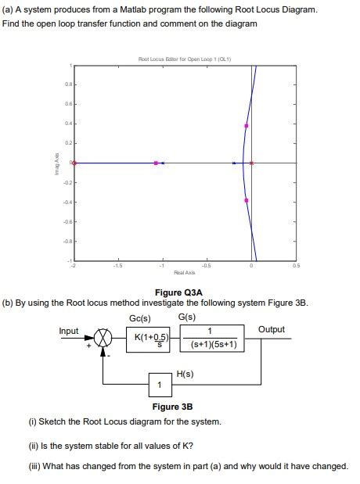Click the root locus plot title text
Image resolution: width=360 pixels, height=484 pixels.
click(179, 59)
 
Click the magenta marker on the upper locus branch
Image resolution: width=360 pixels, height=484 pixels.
click(247, 125)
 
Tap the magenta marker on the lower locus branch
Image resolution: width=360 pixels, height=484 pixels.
click(247, 200)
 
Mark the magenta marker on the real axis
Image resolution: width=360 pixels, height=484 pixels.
click(156, 163)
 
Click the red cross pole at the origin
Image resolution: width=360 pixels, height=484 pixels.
click(251, 163)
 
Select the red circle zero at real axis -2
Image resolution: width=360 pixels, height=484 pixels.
click(73, 163)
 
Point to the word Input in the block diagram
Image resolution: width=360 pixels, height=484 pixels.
click(70, 330)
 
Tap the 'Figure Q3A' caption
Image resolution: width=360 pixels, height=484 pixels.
click(179, 292)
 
